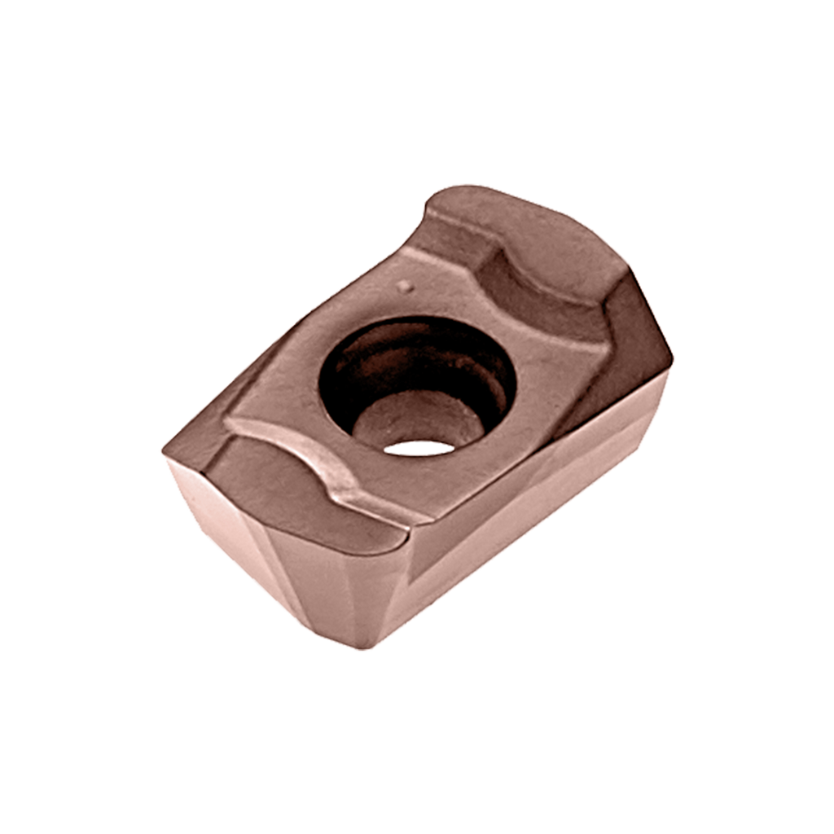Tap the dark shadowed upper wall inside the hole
click(407, 342)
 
